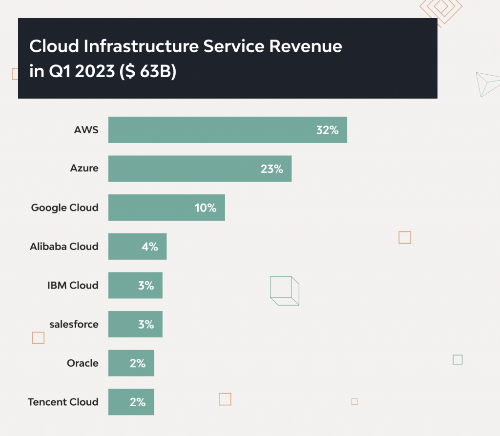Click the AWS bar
pos(228,130)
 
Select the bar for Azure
pos(200,169)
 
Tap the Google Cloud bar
pos(167,208)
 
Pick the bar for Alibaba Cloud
pos(137,247)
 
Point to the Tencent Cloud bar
pos(131,402)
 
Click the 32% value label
pos(327,130)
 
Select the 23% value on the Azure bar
pos(271,169)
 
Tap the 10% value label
pos(205,208)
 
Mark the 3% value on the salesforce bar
pos(146,325)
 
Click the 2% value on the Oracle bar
pos(138,363)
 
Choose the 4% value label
pos(149,247)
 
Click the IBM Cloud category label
pos(73,286)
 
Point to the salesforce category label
pos(74,324)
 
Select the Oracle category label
pos(83,363)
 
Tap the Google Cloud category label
pos(64,208)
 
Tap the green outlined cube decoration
pos(284,291)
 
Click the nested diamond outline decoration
pos(441,9)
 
